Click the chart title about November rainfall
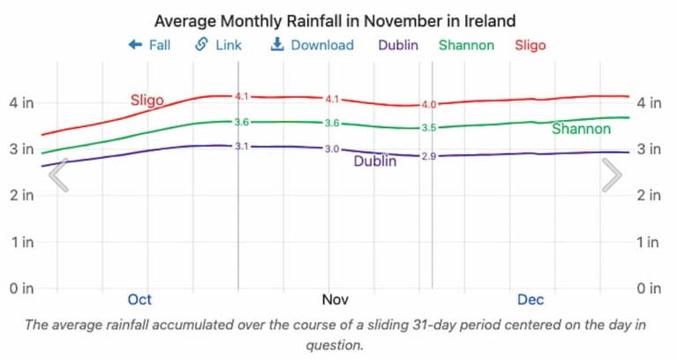coord(335,19)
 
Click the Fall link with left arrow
coord(149,45)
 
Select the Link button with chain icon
coord(218,45)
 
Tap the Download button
coord(312,45)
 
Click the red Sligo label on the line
coord(147,100)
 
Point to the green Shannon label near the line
coord(581,129)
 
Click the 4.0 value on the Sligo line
coord(429,105)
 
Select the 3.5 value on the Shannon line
coord(429,128)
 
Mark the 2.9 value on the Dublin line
coord(429,156)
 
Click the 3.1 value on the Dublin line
coord(242,146)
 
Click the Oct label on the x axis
coord(139,300)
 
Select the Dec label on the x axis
coord(531,300)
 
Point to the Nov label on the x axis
coord(335,300)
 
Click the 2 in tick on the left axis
coord(21,195)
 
